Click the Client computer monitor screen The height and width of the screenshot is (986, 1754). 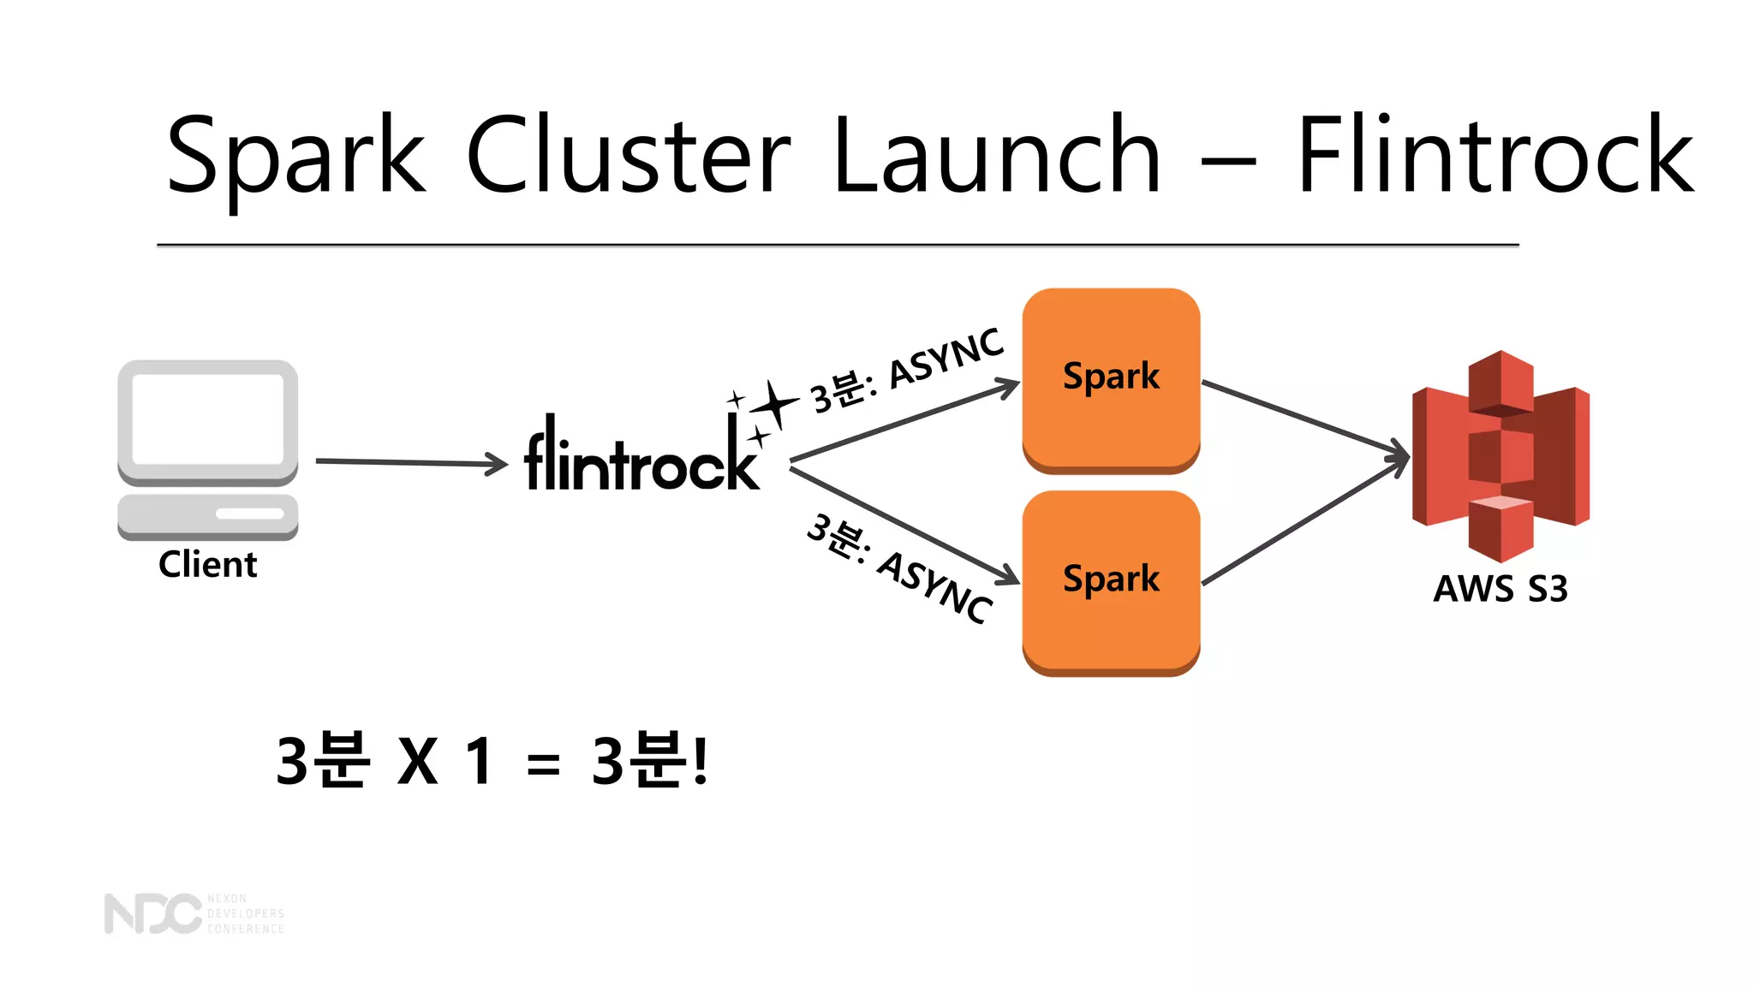click(208, 419)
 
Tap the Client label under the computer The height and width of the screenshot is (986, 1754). click(207, 565)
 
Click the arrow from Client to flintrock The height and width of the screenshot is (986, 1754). click(411, 463)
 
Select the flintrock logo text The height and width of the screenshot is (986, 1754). click(641, 458)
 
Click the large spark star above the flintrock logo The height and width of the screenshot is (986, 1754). click(776, 403)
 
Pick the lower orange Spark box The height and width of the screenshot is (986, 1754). click(1111, 582)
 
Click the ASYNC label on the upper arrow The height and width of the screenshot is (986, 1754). click(946, 359)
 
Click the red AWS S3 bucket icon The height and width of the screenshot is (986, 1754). click(1500, 454)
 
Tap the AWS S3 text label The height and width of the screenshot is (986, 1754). click(1500, 589)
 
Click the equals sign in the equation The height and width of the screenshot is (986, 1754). click(543, 763)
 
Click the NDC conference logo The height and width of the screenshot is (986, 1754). click(194, 913)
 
